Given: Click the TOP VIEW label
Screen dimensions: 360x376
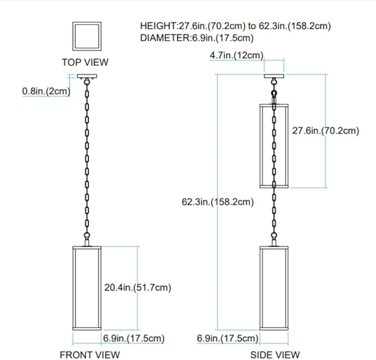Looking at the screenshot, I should tap(85, 63).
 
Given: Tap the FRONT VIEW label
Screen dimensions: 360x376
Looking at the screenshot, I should tap(89, 354).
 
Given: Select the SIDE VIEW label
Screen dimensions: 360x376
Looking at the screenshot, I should tap(275, 354).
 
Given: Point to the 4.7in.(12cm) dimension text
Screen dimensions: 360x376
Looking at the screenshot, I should tap(236, 55).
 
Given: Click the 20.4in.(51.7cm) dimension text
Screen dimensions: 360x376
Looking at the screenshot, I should tap(137, 287).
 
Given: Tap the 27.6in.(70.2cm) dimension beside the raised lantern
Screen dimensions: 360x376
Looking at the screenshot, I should tap(326, 131).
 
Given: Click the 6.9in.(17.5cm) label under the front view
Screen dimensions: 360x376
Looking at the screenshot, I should tap(133, 338).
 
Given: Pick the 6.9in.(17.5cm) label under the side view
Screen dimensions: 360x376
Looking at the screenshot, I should tap(228, 338).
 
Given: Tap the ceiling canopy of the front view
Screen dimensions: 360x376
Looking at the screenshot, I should tap(87, 76).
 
